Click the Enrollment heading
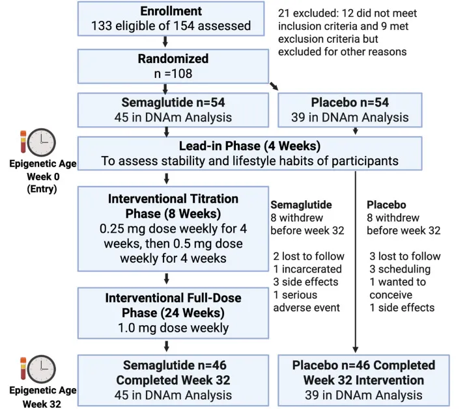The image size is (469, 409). [171, 11]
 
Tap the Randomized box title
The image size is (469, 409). [173, 59]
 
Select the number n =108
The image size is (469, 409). [173, 73]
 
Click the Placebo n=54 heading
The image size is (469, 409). [350, 102]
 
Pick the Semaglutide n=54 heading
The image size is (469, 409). [173, 102]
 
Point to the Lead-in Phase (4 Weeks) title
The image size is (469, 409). [249, 146]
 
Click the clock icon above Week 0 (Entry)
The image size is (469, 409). [42, 142]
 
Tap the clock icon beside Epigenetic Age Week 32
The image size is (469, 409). [42, 369]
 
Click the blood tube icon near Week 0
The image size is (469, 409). [23, 142]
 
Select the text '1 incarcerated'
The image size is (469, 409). [307, 269]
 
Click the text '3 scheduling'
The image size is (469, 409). [400, 269]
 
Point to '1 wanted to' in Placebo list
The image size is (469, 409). [397, 282]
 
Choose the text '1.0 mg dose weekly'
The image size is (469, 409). [173, 328]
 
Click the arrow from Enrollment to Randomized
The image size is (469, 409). [165, 42]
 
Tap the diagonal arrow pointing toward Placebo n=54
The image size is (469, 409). [274, 86]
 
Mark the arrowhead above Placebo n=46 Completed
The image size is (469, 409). [356, 350]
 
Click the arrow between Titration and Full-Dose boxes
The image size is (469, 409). [167, 278]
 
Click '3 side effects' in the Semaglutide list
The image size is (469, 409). [306, 282]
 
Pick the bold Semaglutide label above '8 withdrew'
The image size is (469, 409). [301, 205]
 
